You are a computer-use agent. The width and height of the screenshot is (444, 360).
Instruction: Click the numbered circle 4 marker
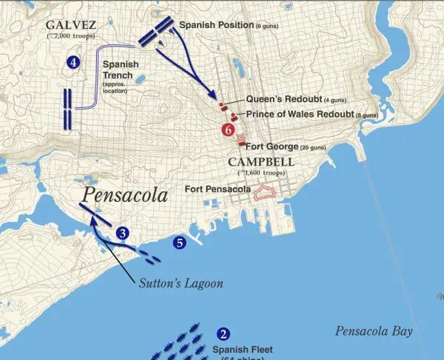(73, 63)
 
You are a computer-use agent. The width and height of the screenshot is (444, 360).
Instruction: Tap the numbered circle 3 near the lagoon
(124, 232)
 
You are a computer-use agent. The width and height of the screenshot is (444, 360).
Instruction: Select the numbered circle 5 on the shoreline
(178, 242)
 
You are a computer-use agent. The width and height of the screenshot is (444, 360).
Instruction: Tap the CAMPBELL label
(261, 162)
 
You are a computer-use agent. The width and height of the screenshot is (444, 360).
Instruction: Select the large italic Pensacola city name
(125, 194)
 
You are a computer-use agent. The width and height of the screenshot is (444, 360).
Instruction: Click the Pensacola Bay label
(373, 330)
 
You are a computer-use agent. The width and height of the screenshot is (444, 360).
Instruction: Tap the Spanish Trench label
(121, 70)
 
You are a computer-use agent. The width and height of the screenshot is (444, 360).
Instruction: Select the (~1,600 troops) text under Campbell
(261, 172)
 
